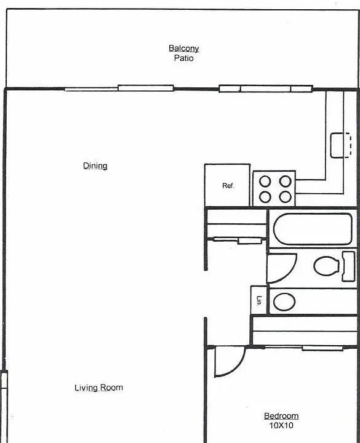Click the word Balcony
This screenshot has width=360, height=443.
183,49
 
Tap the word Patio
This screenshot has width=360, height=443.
183,58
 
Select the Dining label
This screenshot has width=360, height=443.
95,166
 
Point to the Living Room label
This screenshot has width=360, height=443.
98,388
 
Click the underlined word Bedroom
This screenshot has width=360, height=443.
281,416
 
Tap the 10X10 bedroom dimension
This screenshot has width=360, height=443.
281,425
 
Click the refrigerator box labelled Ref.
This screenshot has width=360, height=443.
227,185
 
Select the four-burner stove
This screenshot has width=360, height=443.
274,188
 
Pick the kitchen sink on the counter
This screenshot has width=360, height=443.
341,145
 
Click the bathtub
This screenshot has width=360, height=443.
313,229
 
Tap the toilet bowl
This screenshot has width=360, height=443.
326,266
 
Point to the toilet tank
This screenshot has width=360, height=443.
348,266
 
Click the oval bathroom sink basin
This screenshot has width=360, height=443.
284,301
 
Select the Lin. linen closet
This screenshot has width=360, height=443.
258,300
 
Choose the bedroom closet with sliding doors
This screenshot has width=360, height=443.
305,331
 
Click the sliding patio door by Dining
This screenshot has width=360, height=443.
119,89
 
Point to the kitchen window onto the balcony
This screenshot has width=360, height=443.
266,89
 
